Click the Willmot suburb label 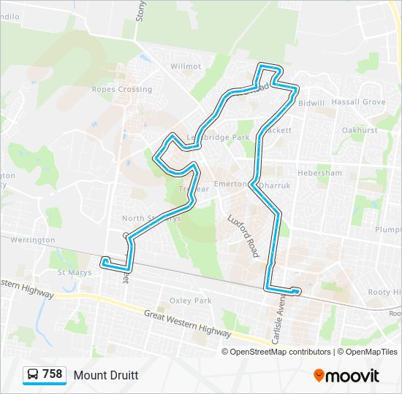[186, 66]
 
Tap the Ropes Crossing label [122, 90]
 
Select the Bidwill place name [311, 103]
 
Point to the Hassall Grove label [358, 102]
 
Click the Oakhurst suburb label [360, 130]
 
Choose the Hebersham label [319, 173]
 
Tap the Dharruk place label [275, 186]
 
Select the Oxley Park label [190, 301]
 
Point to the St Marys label [72, 273]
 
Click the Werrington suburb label [33, 239]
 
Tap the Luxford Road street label [243, 236]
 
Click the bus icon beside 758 [33, 375]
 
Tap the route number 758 [53, 374]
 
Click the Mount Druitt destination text [105, 375]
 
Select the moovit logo [346, 376]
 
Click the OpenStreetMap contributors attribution [280, 352]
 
